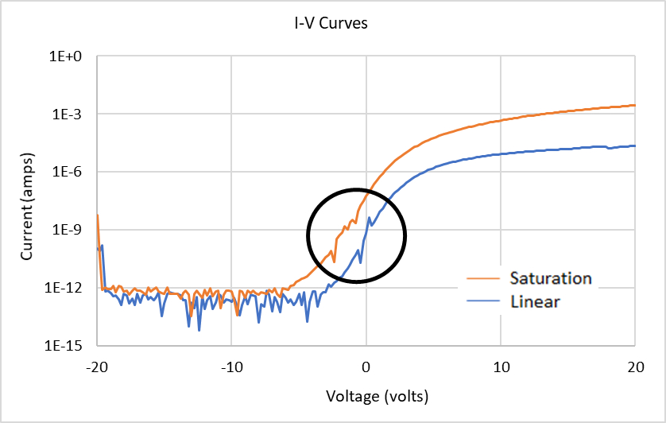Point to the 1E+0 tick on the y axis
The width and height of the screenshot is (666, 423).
[74, 57]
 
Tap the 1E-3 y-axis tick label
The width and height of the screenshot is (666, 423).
[74, 114]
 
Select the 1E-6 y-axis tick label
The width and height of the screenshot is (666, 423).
[74, 173]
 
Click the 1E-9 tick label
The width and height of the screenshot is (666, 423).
[74, 231]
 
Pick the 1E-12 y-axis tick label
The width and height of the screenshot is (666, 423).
[72, 288]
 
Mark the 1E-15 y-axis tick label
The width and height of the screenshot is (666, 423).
[72, 346]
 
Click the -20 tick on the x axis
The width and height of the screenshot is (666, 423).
[97, 368]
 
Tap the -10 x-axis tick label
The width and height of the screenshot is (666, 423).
[231, 368]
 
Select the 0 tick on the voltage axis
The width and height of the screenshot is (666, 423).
[366, 368]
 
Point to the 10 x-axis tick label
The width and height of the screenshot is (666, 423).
[500, 368]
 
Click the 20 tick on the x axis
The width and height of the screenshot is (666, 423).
[634, 368]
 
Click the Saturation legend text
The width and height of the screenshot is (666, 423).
[551, 278]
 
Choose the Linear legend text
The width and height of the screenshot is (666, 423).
[535, 301]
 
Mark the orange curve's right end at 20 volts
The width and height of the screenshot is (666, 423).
[634, 105]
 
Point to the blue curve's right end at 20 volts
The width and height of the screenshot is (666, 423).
[634, 146]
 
